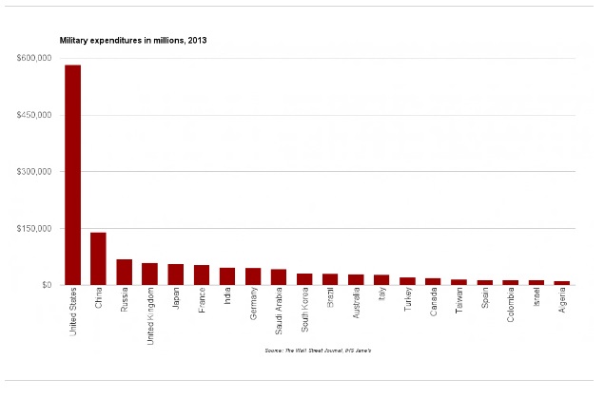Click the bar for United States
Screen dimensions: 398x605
(x=73, y=175)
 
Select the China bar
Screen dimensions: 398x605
(x=99, y=258)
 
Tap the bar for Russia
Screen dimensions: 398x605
(x=125, y=272)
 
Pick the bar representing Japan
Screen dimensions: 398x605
(x=176, y=275)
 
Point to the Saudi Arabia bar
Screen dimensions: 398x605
(x=279, y=276)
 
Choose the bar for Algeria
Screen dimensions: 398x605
(x=562, y=282)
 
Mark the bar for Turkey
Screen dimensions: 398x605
(x=407, y=280)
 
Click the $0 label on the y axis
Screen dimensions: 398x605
(x=46, y=285)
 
